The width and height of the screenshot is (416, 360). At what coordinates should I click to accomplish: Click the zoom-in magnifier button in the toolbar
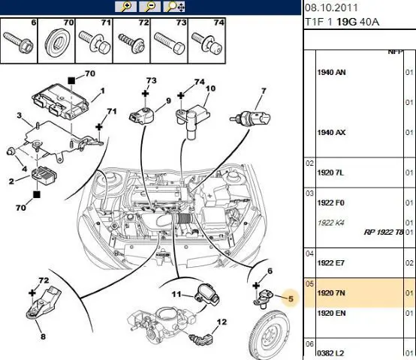coord(125,6)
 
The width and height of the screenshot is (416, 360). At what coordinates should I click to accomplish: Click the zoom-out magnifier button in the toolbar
coord(149,6)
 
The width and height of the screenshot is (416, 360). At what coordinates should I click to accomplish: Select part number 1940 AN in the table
coord(331,72)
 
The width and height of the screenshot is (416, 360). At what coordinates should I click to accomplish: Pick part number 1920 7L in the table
coord(330,172)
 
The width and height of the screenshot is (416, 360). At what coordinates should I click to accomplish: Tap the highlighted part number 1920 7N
coord(331,293)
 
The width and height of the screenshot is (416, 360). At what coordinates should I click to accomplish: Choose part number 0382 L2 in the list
coord(330,353)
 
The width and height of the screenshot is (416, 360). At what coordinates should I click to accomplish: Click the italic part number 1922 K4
coord(330,223)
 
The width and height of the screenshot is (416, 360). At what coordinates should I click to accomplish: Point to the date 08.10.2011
coord(331,7)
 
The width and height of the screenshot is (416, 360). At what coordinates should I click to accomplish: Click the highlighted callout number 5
coord(291,298)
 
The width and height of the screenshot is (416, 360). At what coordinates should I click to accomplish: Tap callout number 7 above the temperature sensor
coord(263,91)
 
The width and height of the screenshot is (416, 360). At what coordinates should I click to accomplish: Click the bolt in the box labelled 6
coord(18,42)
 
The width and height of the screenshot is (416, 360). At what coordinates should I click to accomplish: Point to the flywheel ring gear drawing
coord(270,337)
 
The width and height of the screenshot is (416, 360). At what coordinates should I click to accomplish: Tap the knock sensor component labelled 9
coord(142,115)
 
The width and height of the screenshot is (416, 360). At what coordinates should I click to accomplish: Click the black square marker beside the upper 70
coord(71,80)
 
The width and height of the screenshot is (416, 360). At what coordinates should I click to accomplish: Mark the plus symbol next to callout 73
coord(145,93)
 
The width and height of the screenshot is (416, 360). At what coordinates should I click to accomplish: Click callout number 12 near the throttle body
coord(222,322)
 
